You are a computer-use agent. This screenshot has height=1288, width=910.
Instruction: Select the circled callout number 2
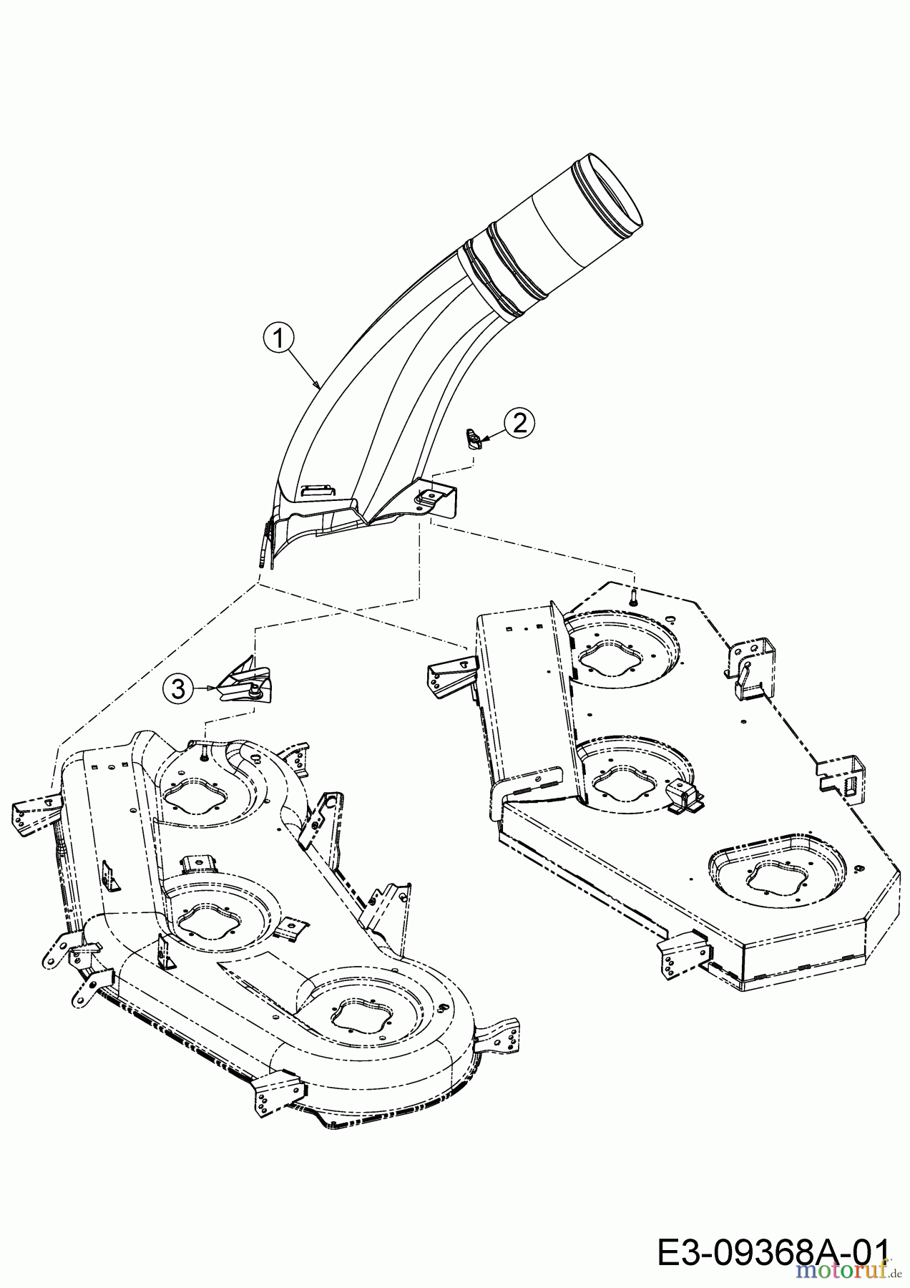coord(519,423)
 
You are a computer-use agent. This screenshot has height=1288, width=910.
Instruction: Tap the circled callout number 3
coord(178,688)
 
